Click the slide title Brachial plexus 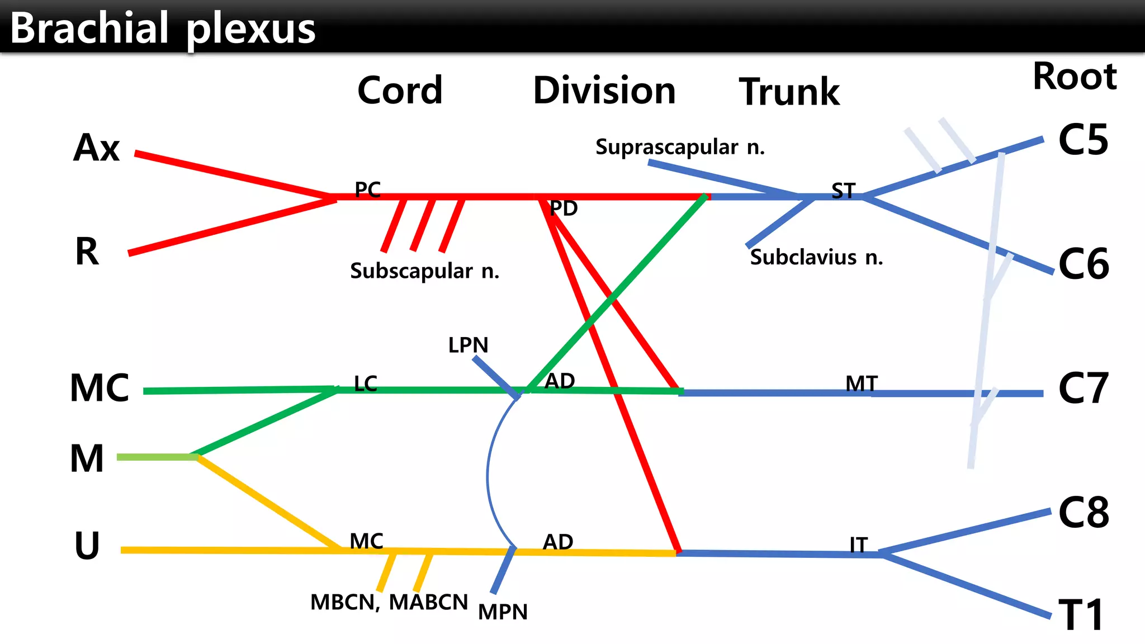162,28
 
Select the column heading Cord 400,91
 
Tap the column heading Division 604,91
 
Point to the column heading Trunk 789,92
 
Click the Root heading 1074,76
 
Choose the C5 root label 1083,140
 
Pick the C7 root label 1083,389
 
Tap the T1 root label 1081,615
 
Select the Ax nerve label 96,148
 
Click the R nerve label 87,252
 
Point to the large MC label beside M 99,388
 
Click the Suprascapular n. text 680,148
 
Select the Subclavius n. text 816,258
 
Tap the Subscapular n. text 424,271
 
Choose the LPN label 468,345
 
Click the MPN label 503,612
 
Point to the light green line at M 157,457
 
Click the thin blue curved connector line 488,475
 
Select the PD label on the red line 563,209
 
